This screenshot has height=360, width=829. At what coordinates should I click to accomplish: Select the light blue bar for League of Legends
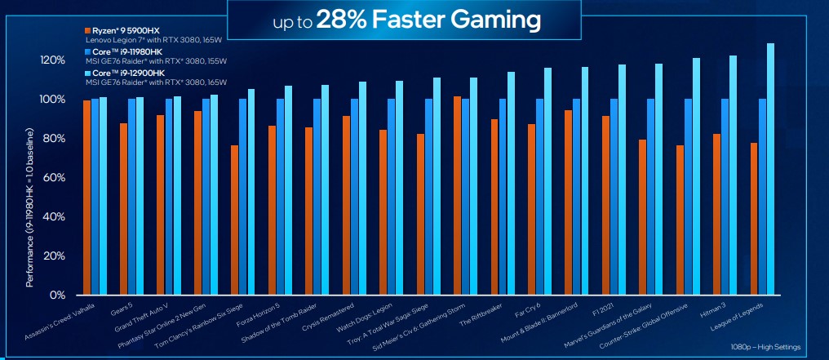[x=770, y=169]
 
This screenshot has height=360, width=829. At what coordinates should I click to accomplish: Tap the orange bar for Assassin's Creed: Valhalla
[x=86, y=197]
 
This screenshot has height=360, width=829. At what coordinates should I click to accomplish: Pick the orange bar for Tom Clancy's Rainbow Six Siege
[x=235, y=220]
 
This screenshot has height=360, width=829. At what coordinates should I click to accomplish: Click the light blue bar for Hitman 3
[x=734, y=175]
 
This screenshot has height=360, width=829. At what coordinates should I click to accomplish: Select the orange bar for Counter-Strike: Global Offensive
[x=680, y=220]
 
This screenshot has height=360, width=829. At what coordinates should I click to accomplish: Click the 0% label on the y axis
[x=57, y=295]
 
